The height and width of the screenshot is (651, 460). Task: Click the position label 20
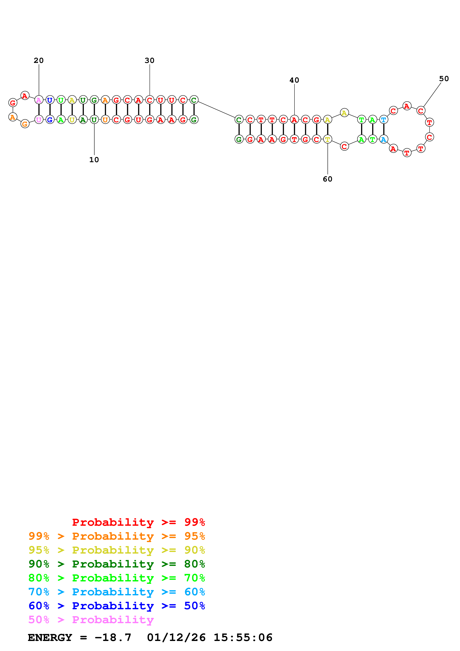(x=39, y=60)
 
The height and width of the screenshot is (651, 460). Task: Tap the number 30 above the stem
(x=150, y=60)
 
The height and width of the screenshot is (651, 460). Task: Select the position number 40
(x=294, y=80)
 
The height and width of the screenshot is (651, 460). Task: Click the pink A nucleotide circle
(x=39, y=100)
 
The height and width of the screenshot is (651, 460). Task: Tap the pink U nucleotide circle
(x=39, y=120)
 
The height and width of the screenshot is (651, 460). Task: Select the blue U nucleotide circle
(x=50, y=100)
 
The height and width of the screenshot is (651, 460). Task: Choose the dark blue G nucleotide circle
(x=50, y=120)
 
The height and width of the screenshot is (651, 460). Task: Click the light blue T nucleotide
(x=384, y=120)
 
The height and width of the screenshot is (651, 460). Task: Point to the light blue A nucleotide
(x=384, y=139)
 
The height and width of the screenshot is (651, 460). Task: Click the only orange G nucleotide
(x=25, y=124)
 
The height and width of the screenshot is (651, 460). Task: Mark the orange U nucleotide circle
(x=105, y=120)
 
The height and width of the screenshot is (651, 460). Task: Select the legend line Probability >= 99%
(x=139, y=522)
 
